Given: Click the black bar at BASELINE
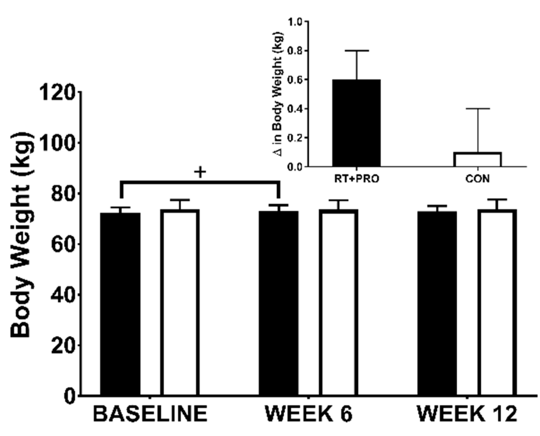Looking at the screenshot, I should click(120, 304).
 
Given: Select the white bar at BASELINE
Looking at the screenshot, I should click(180, 302).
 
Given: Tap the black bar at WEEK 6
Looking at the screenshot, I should click(279, 303).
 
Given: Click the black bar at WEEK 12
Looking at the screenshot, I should click(437, 303).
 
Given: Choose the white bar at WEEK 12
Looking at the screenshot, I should click(497, 302).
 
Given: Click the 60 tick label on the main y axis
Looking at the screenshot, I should click(63, 244).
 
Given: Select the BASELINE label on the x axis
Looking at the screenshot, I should click(150, 414).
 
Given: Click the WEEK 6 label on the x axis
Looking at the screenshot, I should click(308, 414).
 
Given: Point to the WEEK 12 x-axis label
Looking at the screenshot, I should click(467, 414).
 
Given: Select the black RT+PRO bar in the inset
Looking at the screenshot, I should click(356, 123).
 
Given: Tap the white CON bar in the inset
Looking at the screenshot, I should click(478, 160).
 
